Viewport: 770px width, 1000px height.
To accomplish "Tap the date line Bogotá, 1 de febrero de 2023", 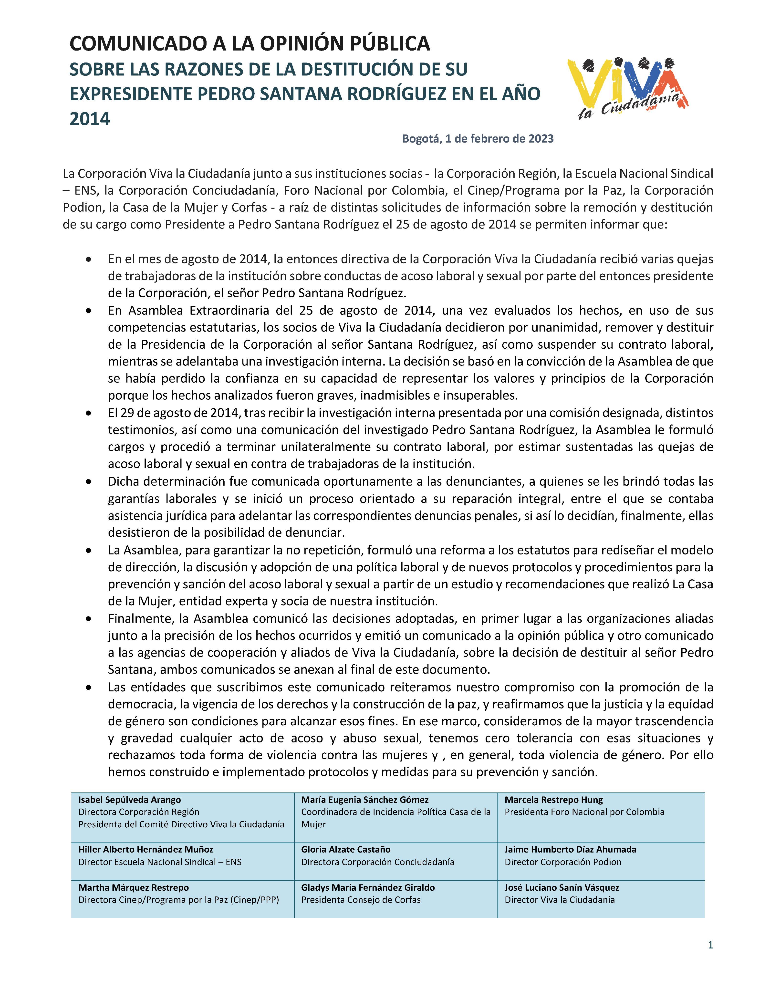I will click(478, 138).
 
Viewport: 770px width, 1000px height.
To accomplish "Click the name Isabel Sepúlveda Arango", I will click(130, 800).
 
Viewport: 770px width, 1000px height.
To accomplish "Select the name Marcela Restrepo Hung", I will click(553, 800).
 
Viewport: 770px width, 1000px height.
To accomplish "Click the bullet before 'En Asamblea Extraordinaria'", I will click(88, 311).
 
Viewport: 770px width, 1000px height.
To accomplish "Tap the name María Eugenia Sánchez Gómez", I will click(365, 800).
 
